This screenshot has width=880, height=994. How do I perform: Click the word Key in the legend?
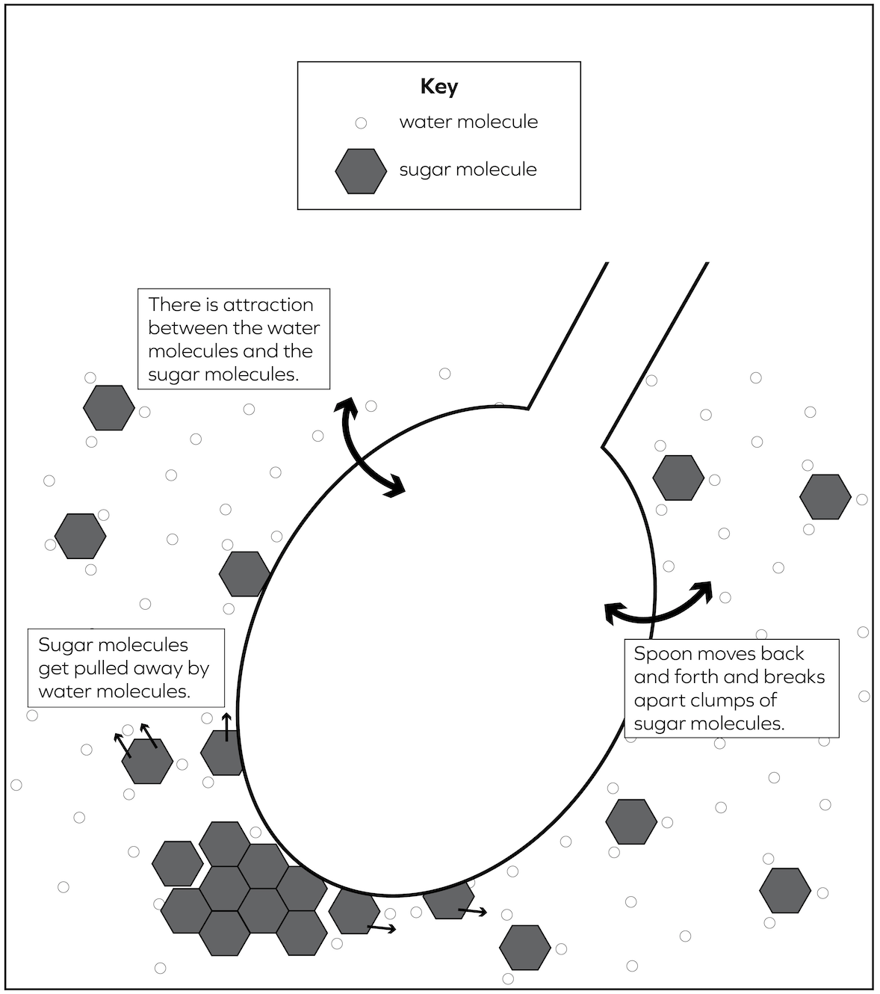tap(439, 87)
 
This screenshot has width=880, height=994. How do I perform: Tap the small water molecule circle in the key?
tap(361, 123)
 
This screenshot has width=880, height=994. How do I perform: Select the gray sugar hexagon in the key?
tap(361, 171)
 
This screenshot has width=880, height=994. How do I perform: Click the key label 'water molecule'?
tap(468, 122)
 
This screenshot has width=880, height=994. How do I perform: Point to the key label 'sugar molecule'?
tap(468, 170)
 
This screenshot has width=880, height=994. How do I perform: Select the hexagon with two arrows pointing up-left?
tap(147, 761)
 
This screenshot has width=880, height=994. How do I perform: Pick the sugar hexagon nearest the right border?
tap(825, 497)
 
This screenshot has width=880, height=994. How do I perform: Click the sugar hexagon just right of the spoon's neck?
tap(678, 478)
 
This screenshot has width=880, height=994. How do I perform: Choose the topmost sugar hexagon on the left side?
tap(109, 408)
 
